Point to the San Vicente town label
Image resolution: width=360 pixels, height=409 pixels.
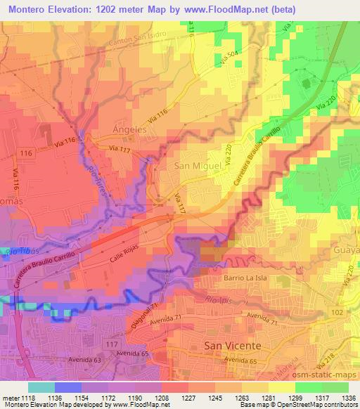click(232, 346)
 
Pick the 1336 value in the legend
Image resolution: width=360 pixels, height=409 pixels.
click(347, 398)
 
